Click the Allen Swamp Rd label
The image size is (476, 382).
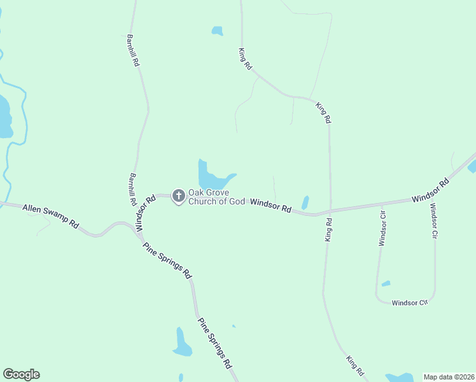[x=50, y=216]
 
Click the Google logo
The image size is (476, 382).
[x=21, y=374]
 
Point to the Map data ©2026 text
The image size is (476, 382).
[x=449, y=377]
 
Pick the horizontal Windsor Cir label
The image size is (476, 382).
[x=409, y=302]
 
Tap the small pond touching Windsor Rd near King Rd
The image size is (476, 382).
[x=305, y=202]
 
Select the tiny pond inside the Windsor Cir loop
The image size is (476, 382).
[x=386, y=283]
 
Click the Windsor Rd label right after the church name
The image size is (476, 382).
[x=270, y=206]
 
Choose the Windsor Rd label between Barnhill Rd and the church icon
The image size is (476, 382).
[x=146, y=213]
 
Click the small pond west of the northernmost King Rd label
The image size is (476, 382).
[x=217, y=31]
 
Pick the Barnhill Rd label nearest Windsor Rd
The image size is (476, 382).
[x=132, y=188]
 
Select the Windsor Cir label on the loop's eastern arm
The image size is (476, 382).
[x=433, y=221]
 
